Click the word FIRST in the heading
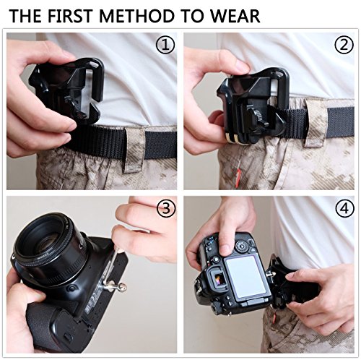tap(70, 16)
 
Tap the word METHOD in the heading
tap(136, 16)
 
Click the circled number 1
tap(165, 46)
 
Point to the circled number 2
tap(344, 46)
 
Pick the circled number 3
tap(166, 209)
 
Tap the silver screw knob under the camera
tap(122, 286)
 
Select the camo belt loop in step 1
tap(135, 150)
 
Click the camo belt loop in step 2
tap(317, 122)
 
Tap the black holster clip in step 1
tap(67, 90)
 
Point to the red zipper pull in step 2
tap(238, 178)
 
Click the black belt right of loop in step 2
tap(341, 122)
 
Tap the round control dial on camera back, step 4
tap(241, 247)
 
